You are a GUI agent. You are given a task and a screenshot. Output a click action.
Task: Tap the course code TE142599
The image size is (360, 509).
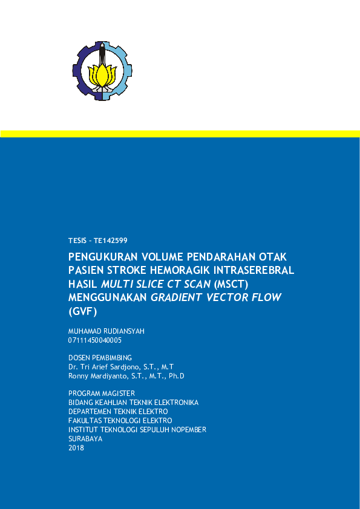110,241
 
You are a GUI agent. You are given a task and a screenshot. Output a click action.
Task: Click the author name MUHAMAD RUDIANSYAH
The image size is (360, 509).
106,331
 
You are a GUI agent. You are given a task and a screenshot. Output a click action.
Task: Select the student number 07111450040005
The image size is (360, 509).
95,340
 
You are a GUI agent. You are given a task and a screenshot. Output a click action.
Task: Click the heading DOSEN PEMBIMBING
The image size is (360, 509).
100,358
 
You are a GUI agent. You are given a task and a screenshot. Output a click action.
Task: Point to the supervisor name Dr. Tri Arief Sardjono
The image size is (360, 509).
105,367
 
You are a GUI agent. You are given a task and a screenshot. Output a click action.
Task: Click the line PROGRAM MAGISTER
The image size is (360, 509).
101,394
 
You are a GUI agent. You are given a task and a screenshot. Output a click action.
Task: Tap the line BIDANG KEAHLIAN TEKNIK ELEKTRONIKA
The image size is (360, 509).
133,403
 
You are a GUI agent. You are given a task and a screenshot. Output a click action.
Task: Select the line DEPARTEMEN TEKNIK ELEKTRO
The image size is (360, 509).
118,412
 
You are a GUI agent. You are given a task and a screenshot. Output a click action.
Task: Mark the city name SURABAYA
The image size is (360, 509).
85,439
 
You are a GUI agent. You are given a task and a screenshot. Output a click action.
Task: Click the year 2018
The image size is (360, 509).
76,448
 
